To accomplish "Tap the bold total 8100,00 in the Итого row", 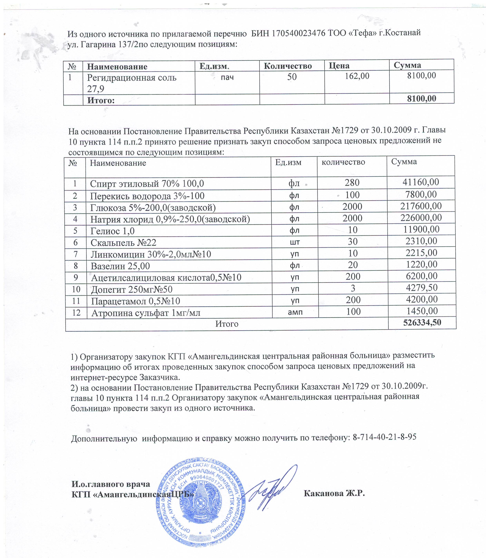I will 422,98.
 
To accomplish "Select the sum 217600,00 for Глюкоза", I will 421,206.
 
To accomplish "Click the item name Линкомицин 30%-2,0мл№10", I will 151,254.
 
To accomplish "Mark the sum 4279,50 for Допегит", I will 422,288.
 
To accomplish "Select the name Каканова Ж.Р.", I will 334,493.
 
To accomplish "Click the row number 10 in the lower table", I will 76,289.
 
